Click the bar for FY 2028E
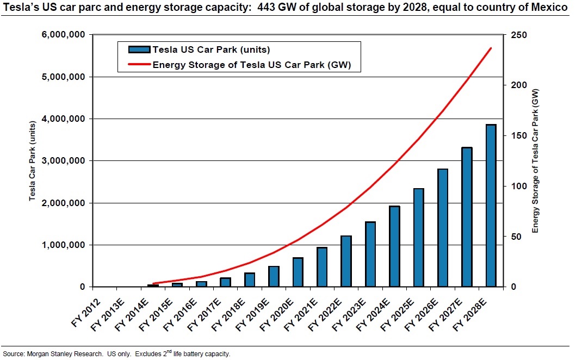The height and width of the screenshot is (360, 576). tap(491, 206)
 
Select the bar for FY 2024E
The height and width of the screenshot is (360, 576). tap(394, 246)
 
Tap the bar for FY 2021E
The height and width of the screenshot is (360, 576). tap(322, 267)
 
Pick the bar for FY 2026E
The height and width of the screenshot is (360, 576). tap(443, 228)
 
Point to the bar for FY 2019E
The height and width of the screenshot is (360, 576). tap(274, 276)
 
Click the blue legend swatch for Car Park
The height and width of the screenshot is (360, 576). tap(139, 49)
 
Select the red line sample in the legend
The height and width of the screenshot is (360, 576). tap(139, 65)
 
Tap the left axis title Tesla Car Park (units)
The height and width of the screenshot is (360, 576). tap(32, 161)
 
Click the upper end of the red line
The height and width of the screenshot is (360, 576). tap(491, 48)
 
